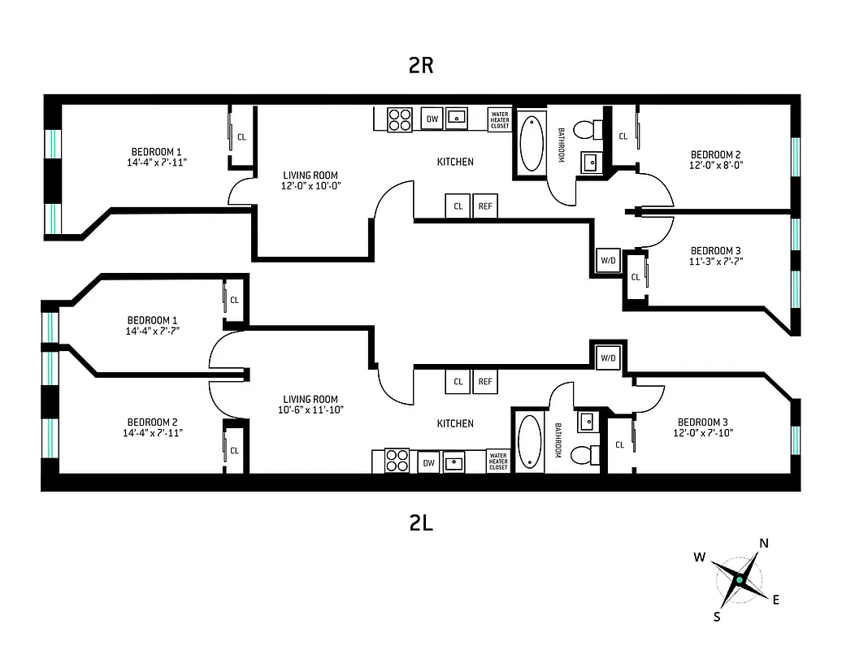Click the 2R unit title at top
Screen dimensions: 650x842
(421, 66)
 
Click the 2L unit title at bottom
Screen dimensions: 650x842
(421, 523)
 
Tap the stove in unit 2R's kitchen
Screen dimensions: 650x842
(399, 119)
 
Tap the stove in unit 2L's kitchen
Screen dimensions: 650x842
(397, 461)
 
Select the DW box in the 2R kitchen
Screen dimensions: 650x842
(432, 119)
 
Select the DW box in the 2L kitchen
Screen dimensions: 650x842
(429, 463)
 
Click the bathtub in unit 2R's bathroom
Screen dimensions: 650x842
(532, 143)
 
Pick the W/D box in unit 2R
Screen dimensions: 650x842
(608, 260)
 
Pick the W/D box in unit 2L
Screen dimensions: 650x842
(608, 357)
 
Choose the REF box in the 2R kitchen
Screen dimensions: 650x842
(485, 206)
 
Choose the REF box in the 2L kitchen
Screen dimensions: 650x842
(485, 381)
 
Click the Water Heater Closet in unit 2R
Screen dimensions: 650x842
(499, 120)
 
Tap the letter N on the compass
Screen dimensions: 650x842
(764, 544)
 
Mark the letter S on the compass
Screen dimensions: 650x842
(717, 617)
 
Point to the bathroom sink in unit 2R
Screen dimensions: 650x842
(590, 162)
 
